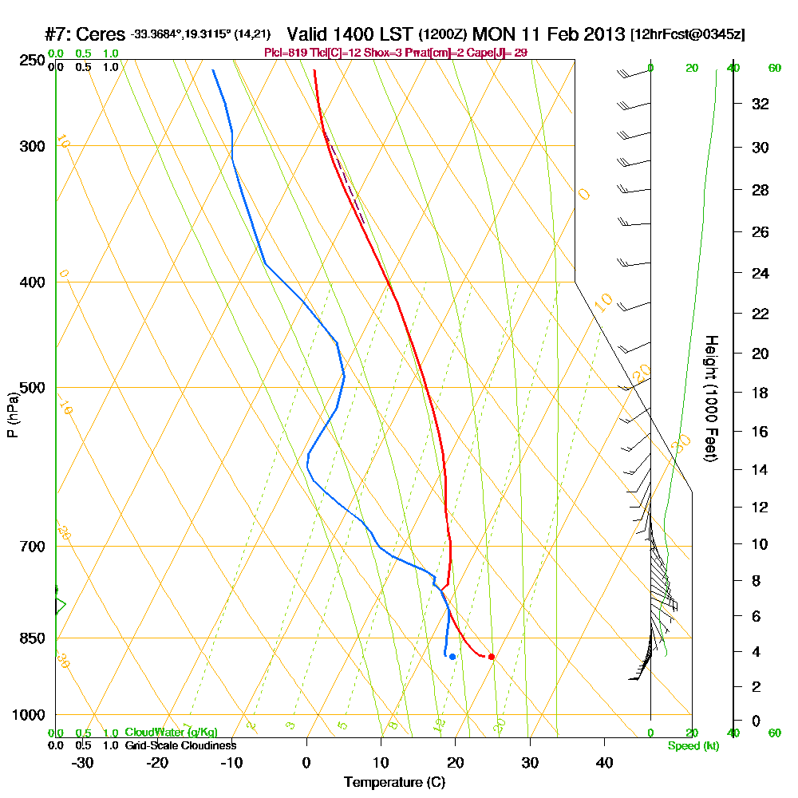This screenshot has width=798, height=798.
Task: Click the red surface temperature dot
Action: coord(492,657)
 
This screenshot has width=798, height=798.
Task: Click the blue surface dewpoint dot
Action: coord(452,657)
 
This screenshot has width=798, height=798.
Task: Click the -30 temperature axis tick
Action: coord(82,762)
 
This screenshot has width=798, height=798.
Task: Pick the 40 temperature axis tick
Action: coord(604,762)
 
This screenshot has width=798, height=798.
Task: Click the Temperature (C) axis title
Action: coord(394,782)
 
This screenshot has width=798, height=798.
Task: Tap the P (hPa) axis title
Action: coord(12,414)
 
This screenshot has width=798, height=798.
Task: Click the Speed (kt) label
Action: coord(692,746)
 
